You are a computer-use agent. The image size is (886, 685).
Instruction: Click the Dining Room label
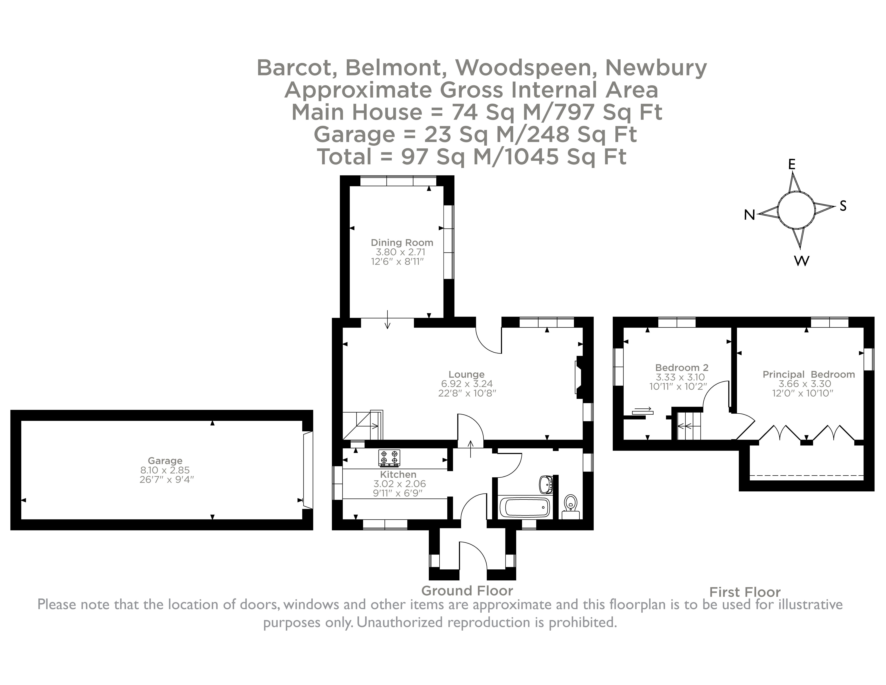(402, 243)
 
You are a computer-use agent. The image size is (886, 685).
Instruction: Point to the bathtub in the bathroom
(525, 507)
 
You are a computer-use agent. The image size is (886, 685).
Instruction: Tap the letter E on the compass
(792, 164)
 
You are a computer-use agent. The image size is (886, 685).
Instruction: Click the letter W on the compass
(801, 261)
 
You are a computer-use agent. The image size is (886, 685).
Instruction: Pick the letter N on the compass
(749, 215)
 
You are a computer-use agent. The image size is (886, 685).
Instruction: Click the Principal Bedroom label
(809, 375)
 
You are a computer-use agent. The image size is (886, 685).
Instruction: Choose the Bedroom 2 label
(682, 368)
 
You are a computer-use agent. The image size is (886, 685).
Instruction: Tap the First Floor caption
(745, 592)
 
